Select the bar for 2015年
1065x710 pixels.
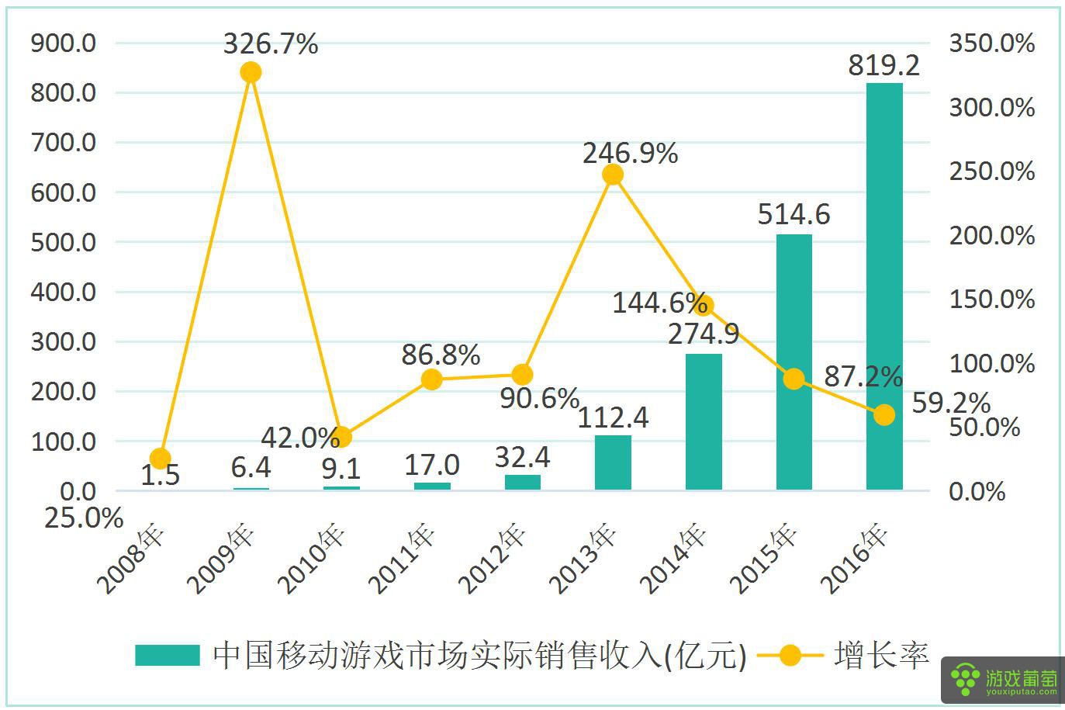pyautogui.click(x=794, y=362)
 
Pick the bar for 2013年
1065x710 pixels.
pyautogui.click(x=613, y=462)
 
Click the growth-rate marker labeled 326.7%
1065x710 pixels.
pyautogui.click(x=251, y=72)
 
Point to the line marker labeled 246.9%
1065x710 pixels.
pyautogui.click(x=613, y=175)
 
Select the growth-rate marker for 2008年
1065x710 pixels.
pyautogui.click(x=160, y=459)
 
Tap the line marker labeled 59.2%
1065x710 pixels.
pyautogui.click(x=884, y=415)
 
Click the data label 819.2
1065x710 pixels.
pyautogui.click(x=883, y=65)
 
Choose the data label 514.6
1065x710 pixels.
pyautogui.click(x=794, y=214)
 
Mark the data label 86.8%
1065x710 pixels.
pyautogui.click(x=441, y=355)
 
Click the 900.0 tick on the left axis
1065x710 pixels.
pyautogui.click(x=64, y=43)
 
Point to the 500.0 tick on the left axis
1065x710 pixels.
pyautogui.click(x=64, y=242)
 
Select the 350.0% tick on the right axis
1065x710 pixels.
pyautogui.click(x=992, y=43)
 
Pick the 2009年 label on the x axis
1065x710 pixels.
pyautogui.click(x=222, y=559)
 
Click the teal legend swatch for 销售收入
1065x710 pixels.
pyautogui.click(x=167, y=656)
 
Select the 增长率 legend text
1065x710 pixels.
pyautogui.click(x=882, y=656)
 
